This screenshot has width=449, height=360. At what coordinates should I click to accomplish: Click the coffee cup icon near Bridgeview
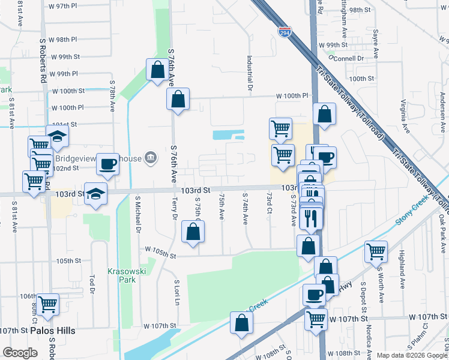pos(108,163)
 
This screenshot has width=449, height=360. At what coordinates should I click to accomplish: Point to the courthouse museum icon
pos(151,158)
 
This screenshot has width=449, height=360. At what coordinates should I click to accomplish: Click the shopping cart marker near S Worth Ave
pos(376,252)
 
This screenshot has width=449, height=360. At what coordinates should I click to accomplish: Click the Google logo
pos(20,353)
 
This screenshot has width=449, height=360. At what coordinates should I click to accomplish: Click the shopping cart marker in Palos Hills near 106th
pos(47,304)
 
